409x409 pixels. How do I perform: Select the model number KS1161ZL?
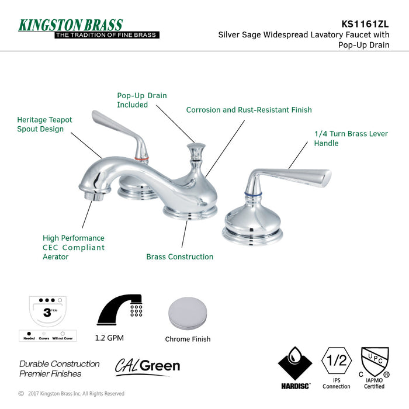click(x=364, y=24)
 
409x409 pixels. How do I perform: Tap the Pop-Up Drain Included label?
click(x=141, y=100)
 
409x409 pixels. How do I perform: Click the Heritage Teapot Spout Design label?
click(x=44, y=124)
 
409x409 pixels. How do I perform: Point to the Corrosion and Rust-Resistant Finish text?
click(x=248, y=110)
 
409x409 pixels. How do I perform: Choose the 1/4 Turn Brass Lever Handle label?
click(x=351, y=138)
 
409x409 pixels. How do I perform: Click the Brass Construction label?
click(x=179, y=257)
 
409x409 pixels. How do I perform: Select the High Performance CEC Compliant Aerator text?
click(x=74, y=247)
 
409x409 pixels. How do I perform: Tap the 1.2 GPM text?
click(x=109, y=338)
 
